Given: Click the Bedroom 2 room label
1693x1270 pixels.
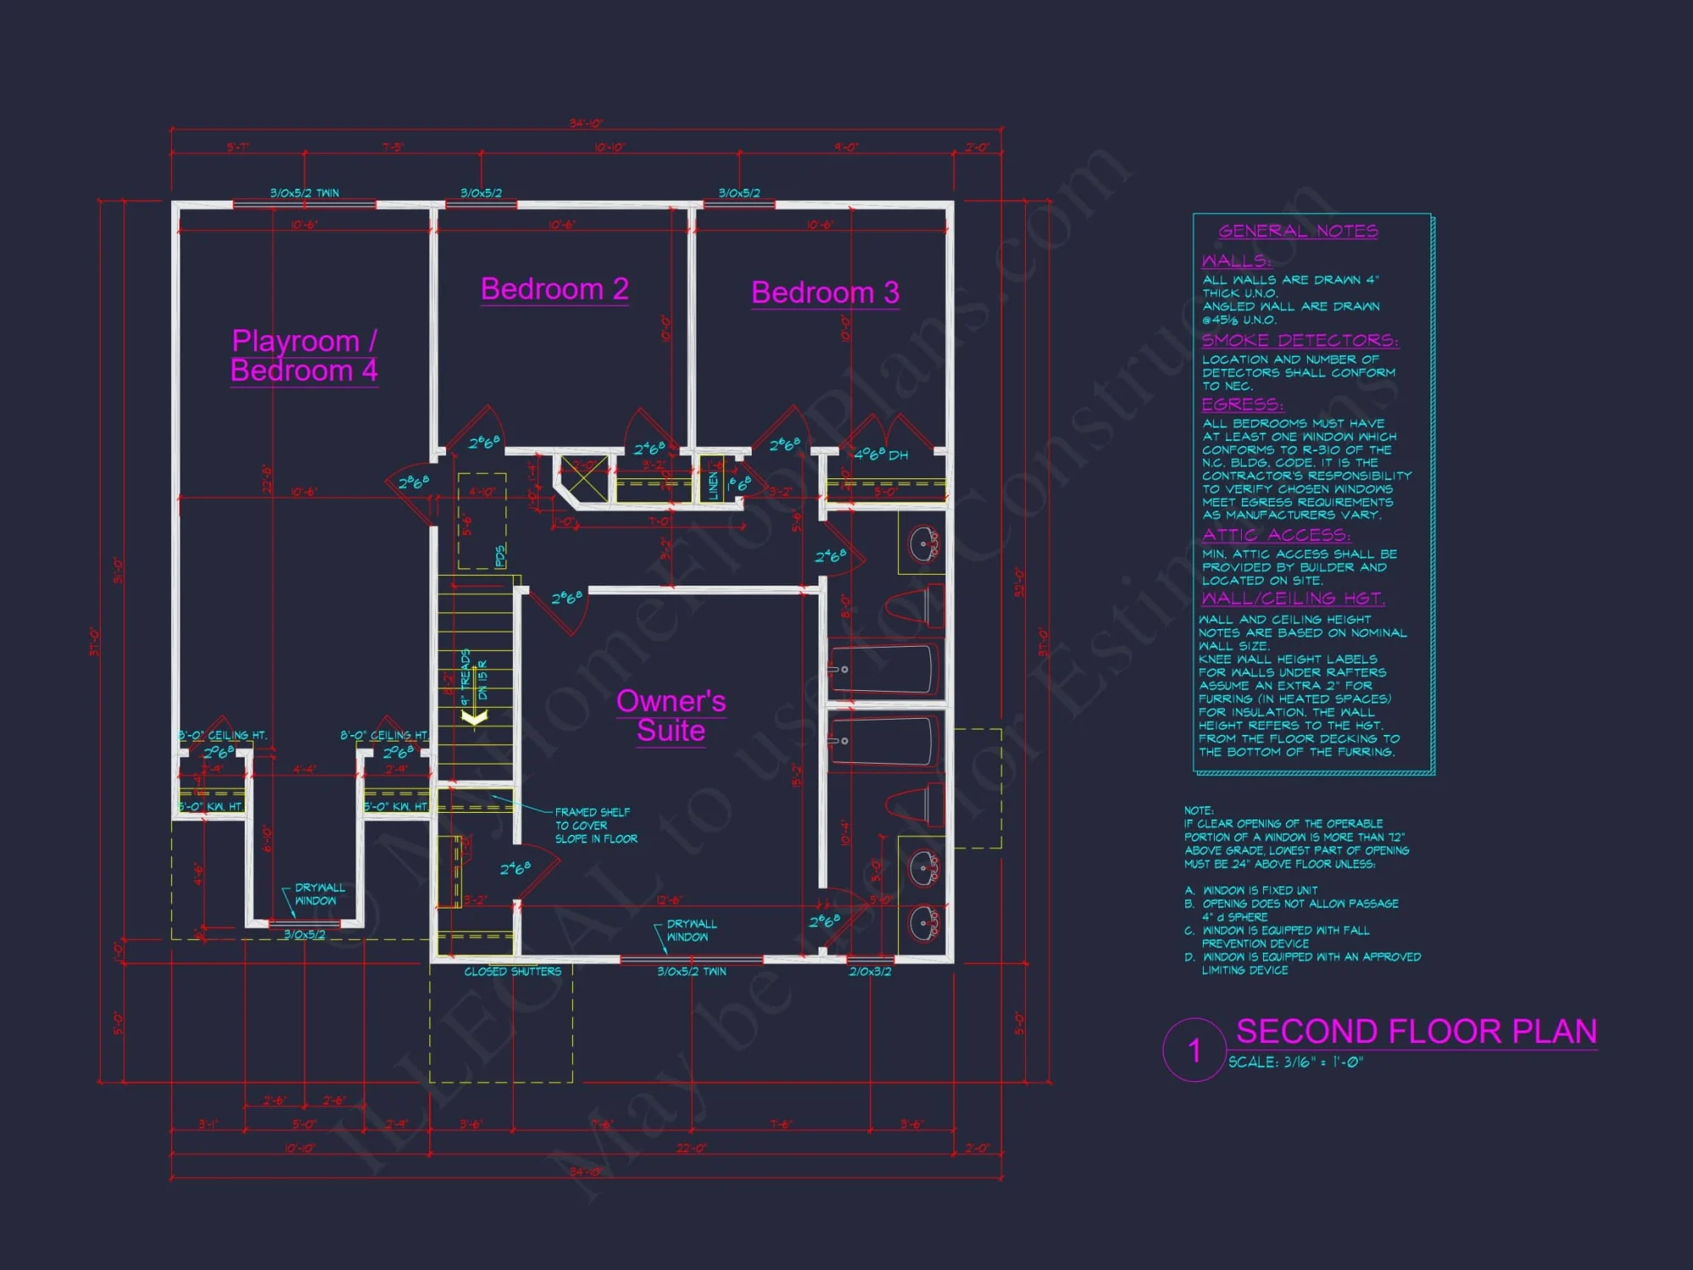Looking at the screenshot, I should (x=554, y=289).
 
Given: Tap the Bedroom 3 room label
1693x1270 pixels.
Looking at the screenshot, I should (x=825, y=292).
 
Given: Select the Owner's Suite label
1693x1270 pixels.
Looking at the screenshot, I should (x=670, y=715).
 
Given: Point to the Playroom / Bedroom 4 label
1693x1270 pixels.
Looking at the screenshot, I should (x=304, y=356).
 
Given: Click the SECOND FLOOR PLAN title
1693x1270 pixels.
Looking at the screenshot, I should (x=1416, y=1031).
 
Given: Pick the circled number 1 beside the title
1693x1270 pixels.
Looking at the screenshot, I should (x=1194, y=1051).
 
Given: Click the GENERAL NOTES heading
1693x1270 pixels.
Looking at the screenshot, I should (x=1298, y=230).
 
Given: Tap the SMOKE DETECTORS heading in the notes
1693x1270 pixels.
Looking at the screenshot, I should (x=1299, y=340).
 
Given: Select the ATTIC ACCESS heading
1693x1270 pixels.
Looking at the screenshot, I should (x=1276, y=535).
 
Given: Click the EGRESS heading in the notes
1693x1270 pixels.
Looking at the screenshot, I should (x=1242, y=404).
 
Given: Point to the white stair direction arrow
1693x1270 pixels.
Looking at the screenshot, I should (x=474, y=717).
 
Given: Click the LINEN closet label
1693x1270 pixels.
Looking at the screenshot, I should (x=713, y=485).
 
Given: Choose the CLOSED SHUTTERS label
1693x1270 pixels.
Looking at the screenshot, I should (x=512, y=971).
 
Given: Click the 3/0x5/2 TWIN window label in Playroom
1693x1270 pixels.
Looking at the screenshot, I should (x=304, y=193).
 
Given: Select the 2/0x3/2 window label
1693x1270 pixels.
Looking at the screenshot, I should (x=869, y=971).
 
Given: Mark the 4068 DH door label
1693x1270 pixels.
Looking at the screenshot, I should (x=880, y=455).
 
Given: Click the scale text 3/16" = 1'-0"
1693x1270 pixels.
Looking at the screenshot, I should (x=1295, y=1062).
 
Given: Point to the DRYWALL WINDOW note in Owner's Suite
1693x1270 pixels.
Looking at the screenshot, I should (x=691, y=930).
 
